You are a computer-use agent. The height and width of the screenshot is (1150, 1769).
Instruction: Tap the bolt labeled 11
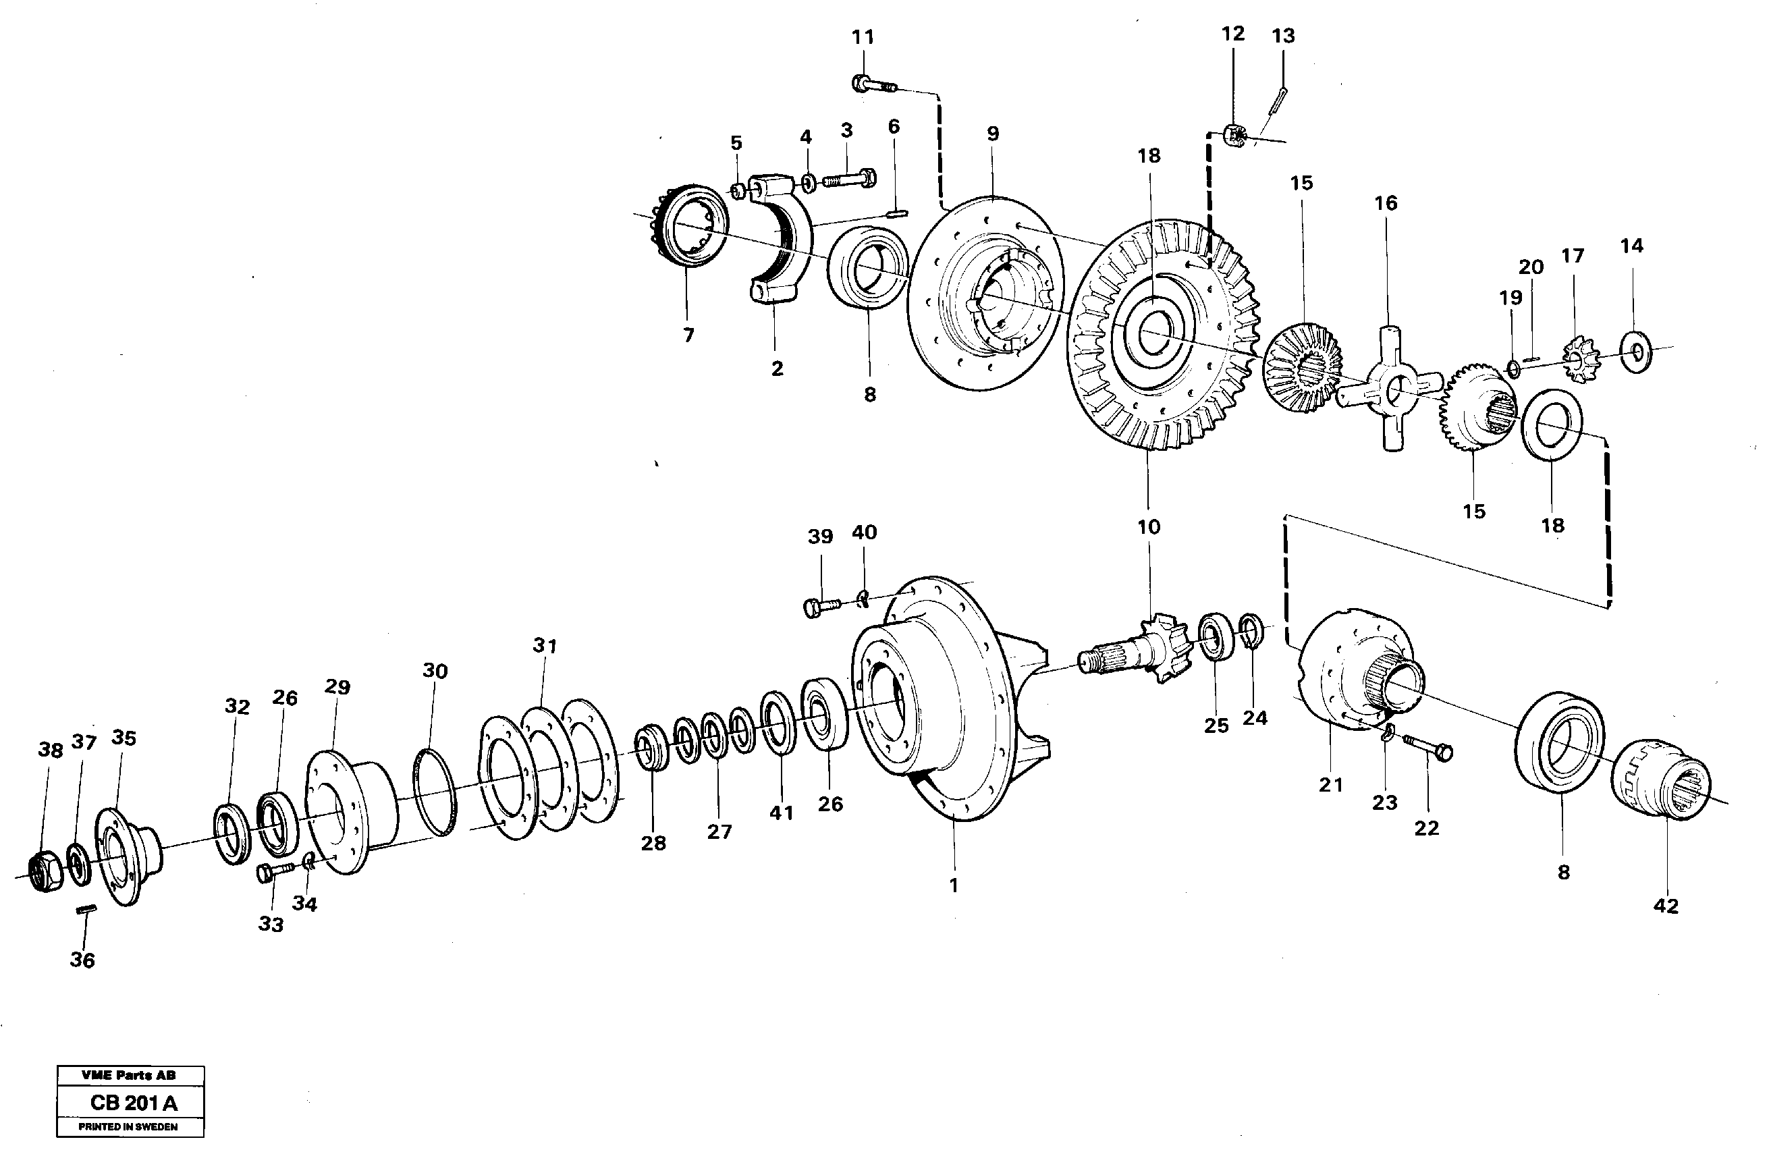pyautogui.click(x=874, y=85)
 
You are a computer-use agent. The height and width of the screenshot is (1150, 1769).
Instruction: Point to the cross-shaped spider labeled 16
pyautogui.click(x=1388, y=387)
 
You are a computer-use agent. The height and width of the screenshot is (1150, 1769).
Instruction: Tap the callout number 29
pyautogui.click(x=337, y=687)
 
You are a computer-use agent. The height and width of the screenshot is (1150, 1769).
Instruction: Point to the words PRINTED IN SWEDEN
pyautogui.click(x=129, y=1127)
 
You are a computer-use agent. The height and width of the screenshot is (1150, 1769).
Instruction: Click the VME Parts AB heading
pyautogui.click(x=129, y=1075)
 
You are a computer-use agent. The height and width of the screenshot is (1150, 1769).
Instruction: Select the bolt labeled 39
pyautogui.click(x=821, y=607)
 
